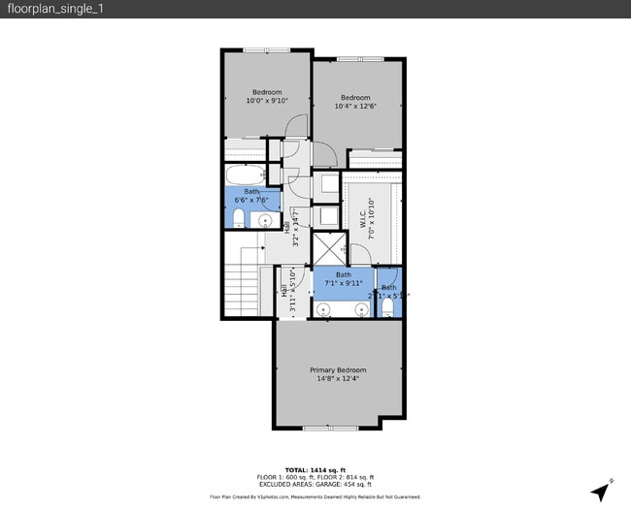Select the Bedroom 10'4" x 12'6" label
(355, 102)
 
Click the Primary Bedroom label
(338, 374)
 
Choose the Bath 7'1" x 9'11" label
(344, 280)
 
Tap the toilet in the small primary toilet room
(387, 307)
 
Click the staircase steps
(243, 291)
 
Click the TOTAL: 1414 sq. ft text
(315, 469)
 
